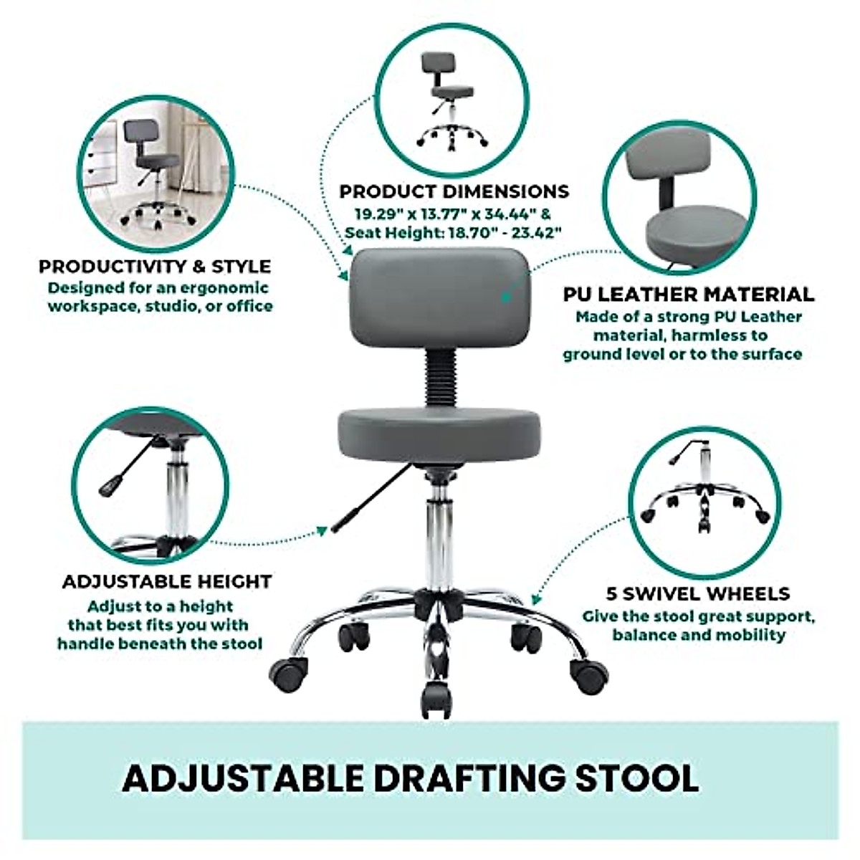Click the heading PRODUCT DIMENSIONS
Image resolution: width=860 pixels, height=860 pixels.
click(x=454, y=192)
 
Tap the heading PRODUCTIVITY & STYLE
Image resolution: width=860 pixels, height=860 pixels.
click(x=155, y=267)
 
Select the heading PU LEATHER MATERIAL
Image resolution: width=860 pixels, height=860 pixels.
click(x=688, y=295)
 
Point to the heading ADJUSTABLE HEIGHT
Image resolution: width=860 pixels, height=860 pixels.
click(x=166, y=581)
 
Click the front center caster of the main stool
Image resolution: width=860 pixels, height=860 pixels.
click(x=435, y=695)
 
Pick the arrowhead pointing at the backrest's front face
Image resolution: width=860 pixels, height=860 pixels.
click(x=504, y=295)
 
